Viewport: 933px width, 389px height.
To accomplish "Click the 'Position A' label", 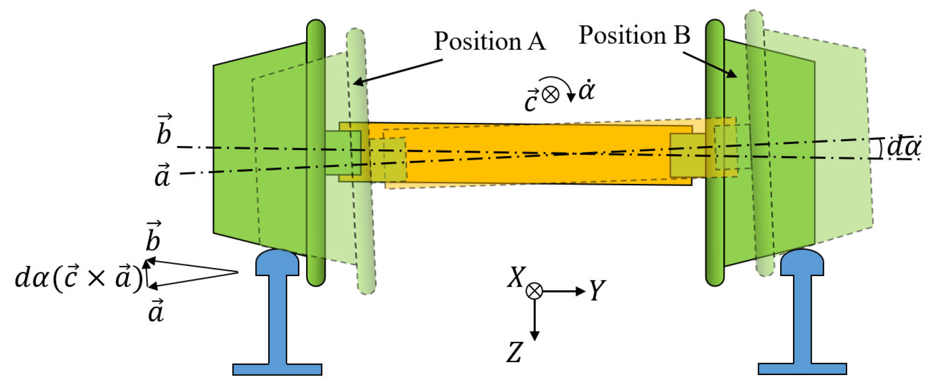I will pyautogui.click(x=489, y=41).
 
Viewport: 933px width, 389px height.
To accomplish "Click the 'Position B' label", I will pyautogui.click(x=634, y=36).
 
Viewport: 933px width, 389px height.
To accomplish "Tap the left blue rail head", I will pyautogui.click(x=277, y=262).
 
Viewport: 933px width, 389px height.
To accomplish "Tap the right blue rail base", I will pyautogui.click(x=802, y=369).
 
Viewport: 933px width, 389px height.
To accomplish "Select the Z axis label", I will pyautogui.click(x=514, y=353).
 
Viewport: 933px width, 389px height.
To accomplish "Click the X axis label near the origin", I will pyautogui.click(x=516, y=278).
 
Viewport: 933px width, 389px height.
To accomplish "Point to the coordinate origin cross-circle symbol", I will pyautogui.click(x=534, y=291).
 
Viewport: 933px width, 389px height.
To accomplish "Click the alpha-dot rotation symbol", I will pyautogui.click(x=586, y=90).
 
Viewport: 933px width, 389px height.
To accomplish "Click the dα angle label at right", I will pyautogui.click(x=903, y=147).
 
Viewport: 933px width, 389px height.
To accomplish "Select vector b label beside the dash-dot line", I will pyautogui.click(x=164, y=131).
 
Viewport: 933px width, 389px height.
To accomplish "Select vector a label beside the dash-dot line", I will pyautogui.click(x=162, y=175).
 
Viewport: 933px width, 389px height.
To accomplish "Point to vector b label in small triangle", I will pyautogui.click(x=153, y=237).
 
